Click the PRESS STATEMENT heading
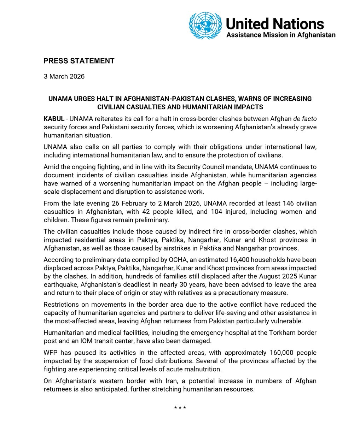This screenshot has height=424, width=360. tap(79, 61)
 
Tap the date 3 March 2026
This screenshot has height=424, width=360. tap(64, 76)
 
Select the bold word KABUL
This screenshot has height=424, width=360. tap(54, 118)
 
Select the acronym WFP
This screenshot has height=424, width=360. tap(51, 353)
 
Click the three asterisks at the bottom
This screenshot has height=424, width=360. tap(180, 408)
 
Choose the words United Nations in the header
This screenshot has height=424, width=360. tap(275, 24)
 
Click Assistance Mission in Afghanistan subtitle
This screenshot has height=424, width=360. tap(280, 35)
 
